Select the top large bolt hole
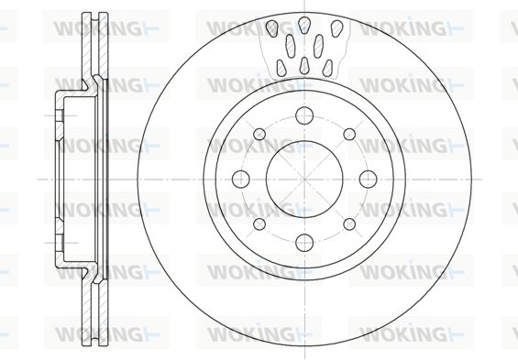tap(304, 115)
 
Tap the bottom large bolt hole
tap(304, 243)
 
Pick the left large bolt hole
tap(241, 180)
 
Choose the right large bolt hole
tap(368, 180)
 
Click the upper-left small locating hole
tap(259, 135)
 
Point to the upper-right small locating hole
tap(349, 135)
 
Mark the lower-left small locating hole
tap(259, 224)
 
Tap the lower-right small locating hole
tap(349, 224)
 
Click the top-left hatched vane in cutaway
tap(272, 28)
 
